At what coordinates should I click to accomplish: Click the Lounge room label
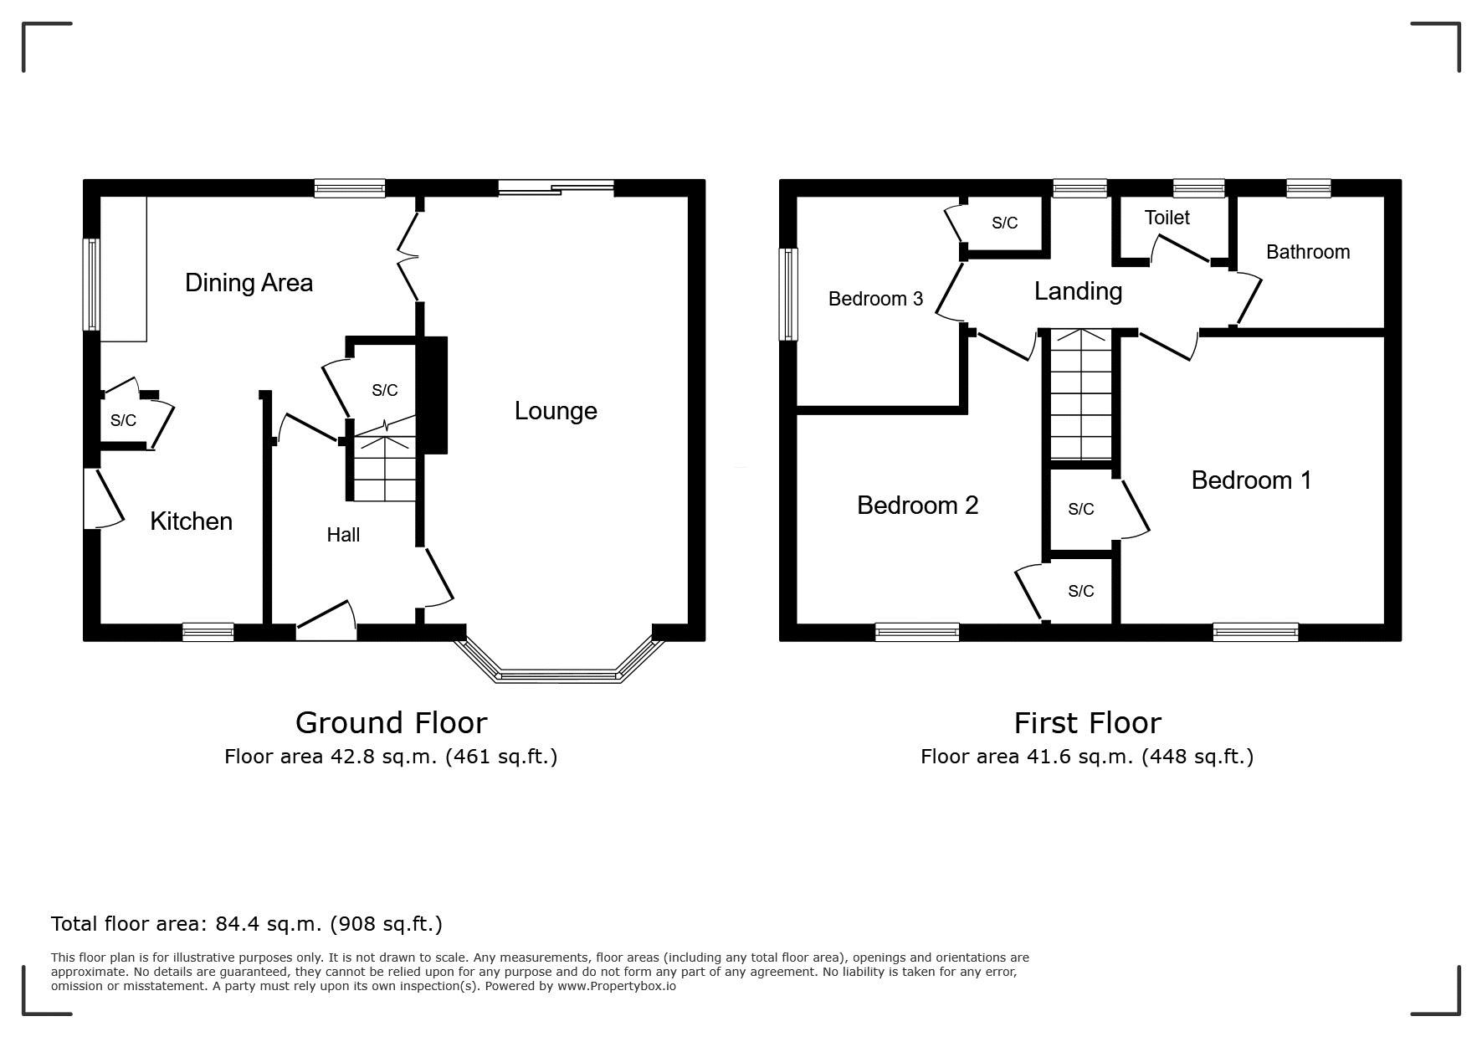coord(556,411)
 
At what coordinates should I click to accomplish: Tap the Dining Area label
coord(249,283)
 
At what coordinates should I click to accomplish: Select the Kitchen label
coord(191,521)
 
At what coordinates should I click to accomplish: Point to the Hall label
coord(343,535)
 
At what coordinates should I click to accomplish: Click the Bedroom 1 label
coord(1251,480)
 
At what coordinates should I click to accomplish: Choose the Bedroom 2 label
coord(917,506)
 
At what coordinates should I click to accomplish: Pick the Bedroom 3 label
coord(875,299)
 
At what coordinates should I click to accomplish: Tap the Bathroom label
coord(1308,252)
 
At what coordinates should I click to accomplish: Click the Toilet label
coord(1167,218)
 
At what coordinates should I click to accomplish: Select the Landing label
coord(1078,291)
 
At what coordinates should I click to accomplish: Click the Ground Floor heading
coord(391,722)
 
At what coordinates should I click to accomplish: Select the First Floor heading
coord(1087,722)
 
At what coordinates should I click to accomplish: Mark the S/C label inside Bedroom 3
coord(1004,223)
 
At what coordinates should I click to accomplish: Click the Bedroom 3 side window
coord(788,294)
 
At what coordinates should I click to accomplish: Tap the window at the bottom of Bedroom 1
coord(1255,632)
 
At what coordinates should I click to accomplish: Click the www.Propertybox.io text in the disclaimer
coord(616,986)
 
